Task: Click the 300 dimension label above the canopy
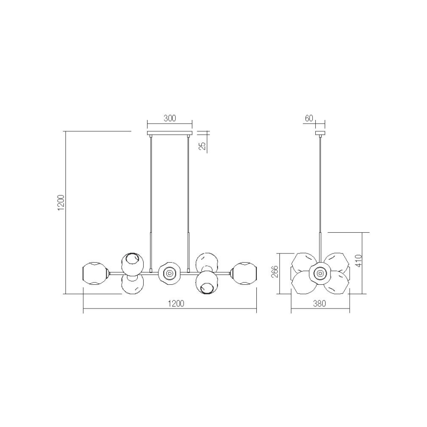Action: [x=170, y=119]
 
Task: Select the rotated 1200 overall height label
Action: [x=61, y=202]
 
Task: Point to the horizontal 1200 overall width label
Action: [x=175, y=304]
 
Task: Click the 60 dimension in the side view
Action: [x=309, y=118]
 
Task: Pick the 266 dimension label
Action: [x=275, y=273]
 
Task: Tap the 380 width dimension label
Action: [x=320, y=304]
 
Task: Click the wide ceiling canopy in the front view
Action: [x=170, y=133]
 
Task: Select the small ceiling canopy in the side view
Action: [x=320, y=133]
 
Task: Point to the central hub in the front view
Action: [x=169, y=272]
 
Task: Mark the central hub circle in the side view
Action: [x=320, y=273]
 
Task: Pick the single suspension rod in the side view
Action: [x=320, y=197]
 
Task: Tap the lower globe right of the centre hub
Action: [x=206, y=283]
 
